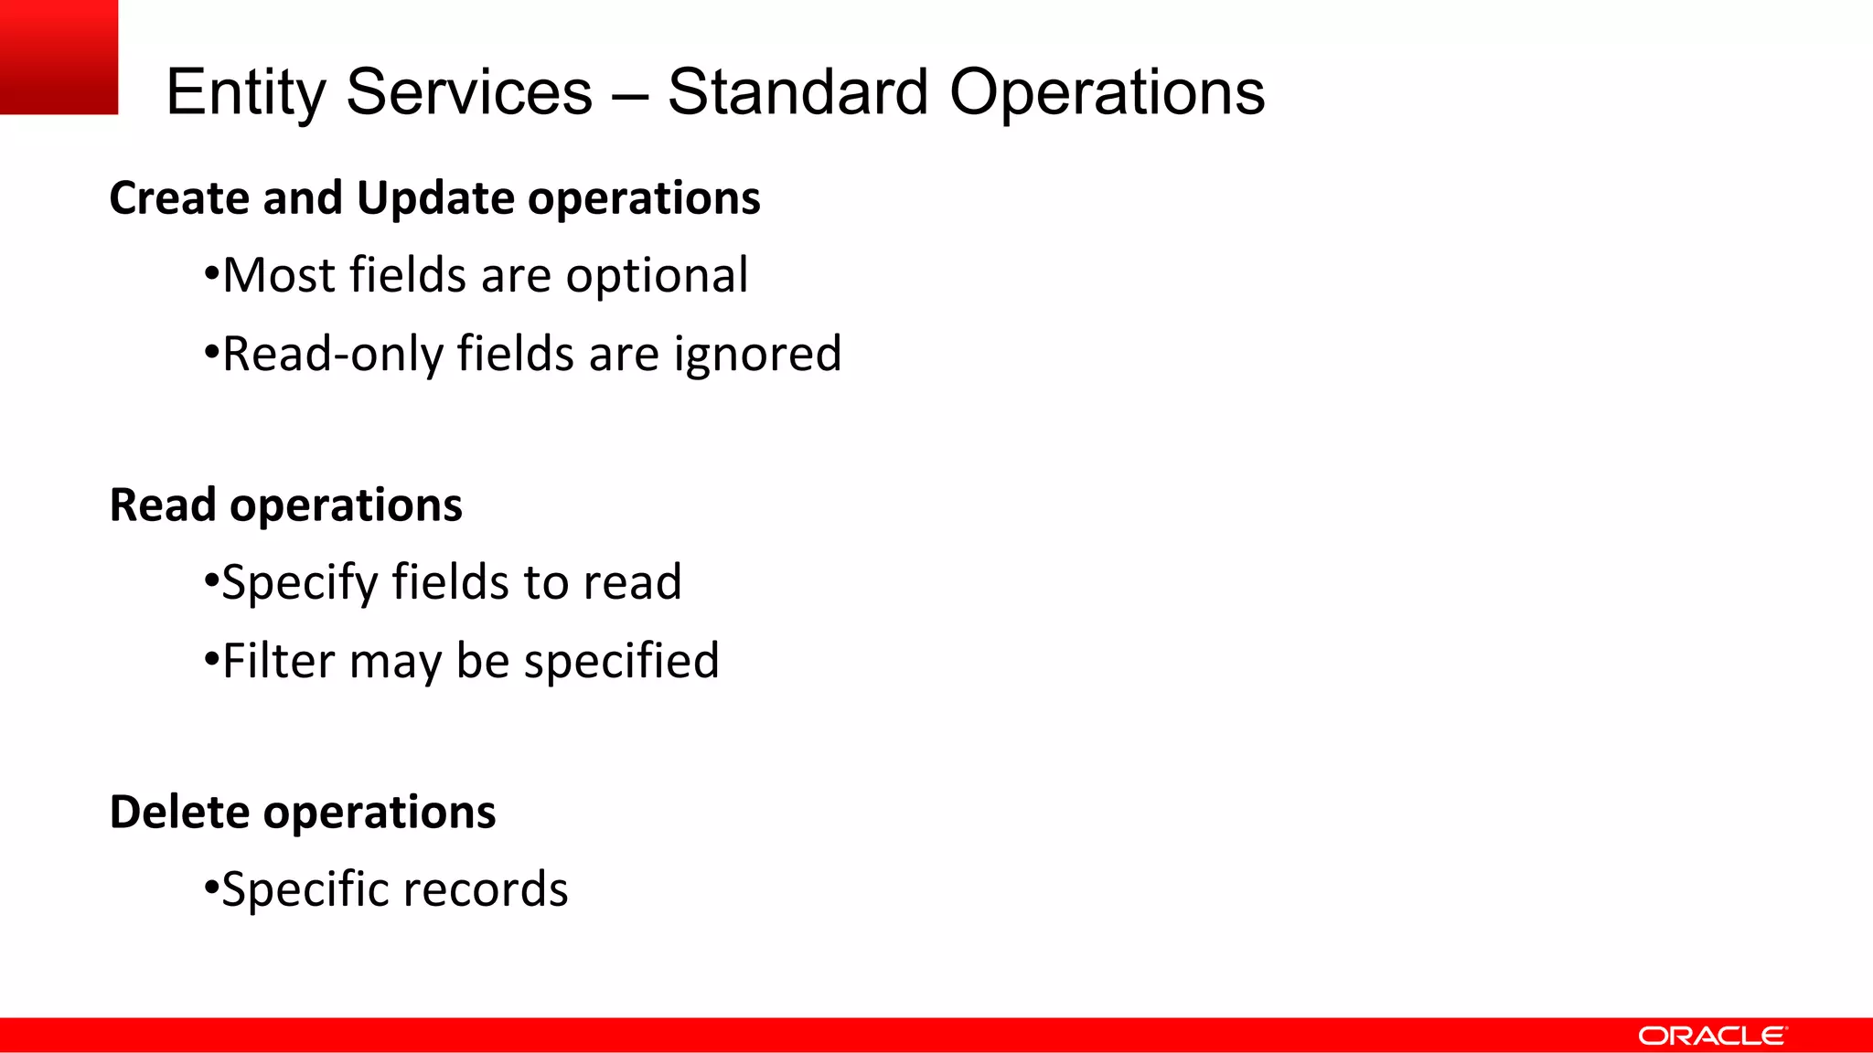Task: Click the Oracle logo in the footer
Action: (1711, 1036)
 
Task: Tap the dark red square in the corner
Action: (59, 57)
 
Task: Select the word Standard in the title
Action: (797, 92)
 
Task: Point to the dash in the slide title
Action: (630, 94)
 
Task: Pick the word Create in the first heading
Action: (179, 198)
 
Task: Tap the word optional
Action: (657, 275)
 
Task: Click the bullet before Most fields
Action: (211, 273)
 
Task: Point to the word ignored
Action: (757, 355)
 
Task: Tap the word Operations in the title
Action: (1107, 93)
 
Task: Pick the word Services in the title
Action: (469, 92)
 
